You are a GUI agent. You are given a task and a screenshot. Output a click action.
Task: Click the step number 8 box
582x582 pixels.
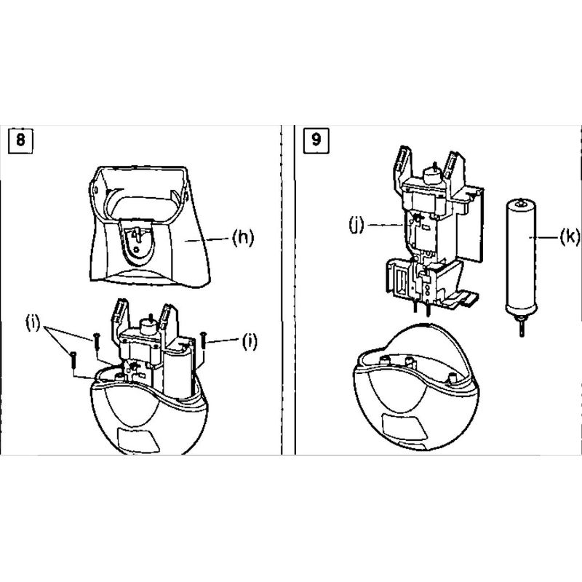coord(20,140)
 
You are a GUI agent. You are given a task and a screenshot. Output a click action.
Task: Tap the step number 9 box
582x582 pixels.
coord(316,140)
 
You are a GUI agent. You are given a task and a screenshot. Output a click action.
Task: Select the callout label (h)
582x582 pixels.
coord(243,238)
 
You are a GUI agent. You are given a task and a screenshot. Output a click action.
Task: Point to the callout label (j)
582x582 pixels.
coord(356,225)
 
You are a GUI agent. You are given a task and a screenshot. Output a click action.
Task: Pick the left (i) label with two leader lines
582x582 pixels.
coord(33,323)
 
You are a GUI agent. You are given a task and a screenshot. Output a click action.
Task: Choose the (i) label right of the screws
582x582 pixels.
coord(250,341)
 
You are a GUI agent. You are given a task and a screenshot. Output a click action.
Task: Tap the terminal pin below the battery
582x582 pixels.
coord(522,327)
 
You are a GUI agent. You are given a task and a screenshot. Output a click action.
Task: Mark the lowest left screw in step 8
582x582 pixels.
coord(73,359)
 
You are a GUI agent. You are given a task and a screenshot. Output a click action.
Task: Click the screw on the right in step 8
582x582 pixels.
coord(203,340)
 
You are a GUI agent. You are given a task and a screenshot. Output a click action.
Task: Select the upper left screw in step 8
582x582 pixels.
coord(97,340)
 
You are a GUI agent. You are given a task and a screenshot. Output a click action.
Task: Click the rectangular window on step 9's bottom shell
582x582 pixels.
coord(404,426)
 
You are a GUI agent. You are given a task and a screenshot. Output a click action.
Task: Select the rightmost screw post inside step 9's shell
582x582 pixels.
coord(452,378)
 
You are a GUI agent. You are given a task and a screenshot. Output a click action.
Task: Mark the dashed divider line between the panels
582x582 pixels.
coord(282,290)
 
